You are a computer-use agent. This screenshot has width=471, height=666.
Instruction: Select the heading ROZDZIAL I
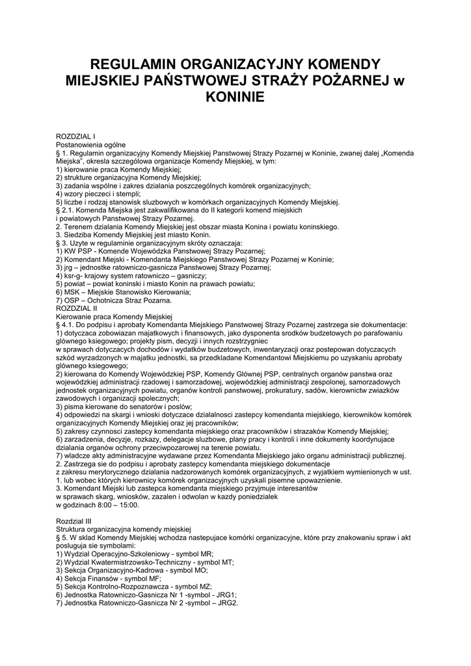click(x=76, y=137)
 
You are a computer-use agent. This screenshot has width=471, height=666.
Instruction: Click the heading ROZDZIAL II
click(x=77, y=308)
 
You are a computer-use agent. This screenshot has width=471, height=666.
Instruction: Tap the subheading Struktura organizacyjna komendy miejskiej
click(x=123, y=529)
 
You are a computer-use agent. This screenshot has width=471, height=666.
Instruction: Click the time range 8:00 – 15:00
click(x=118, y=505)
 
